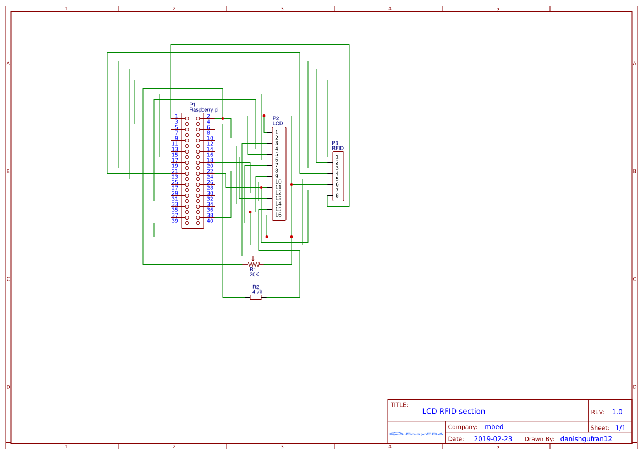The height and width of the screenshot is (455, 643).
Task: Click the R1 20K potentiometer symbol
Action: (x=253, y=264)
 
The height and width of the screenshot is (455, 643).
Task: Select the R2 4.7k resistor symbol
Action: (x=256, y=298)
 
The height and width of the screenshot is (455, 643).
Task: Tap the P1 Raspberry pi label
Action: (x=204, y=107)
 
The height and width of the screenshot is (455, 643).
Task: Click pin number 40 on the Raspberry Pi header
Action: (x=210, y=221)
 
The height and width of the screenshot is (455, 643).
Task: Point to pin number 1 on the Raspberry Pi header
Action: (x=176, y=116)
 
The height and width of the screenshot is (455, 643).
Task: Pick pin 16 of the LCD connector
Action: (x=278, y=215)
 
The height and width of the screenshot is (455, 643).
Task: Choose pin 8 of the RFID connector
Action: (x=337, y=195)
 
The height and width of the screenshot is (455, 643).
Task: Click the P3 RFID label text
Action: (x=337, y=146)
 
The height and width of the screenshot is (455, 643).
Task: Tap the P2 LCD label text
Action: (x=277, y=121)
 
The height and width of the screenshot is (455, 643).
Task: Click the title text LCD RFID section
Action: (x=453, y=411)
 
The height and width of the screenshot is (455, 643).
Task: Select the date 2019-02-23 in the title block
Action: (x=492, y=439)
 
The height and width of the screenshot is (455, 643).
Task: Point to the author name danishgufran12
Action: (x=586, y=439)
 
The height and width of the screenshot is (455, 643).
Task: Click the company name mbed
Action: (x=493, y=427)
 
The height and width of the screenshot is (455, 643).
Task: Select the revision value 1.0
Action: (x=617, y=412)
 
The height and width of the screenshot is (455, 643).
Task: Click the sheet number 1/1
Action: (x=620, y=427)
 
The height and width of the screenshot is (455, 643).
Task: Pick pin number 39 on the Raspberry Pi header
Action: (x=175, y=221)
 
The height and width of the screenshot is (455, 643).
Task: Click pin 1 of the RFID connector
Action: (x=337, y=157)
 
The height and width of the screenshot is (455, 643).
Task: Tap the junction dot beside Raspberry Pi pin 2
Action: (x=223, y=118)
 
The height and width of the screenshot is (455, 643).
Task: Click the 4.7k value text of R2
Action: (x=257, y=292)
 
